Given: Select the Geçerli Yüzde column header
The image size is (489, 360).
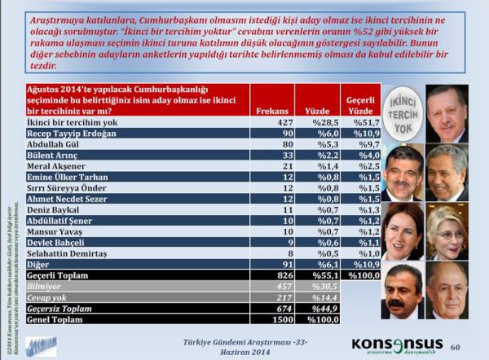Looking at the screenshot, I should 361,102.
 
